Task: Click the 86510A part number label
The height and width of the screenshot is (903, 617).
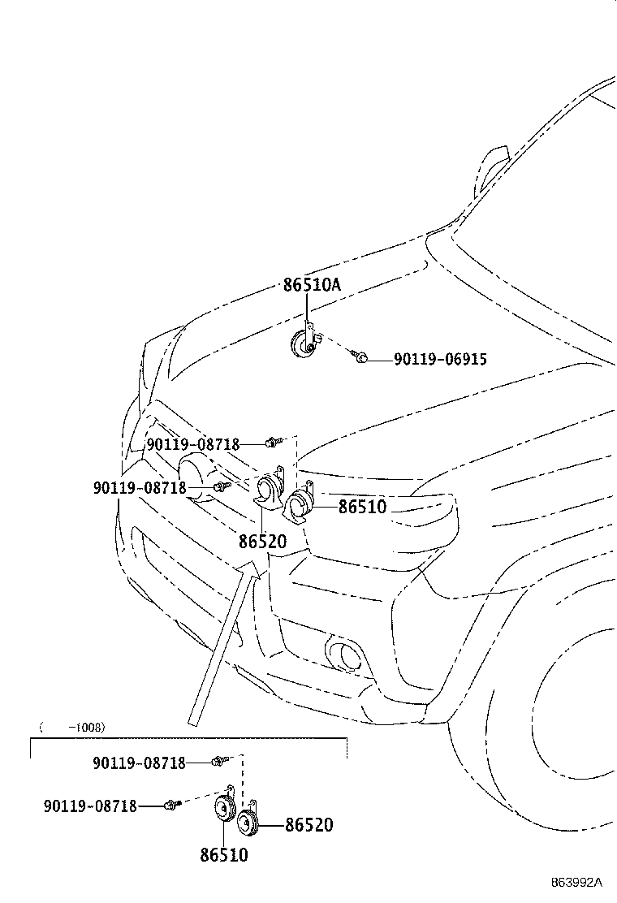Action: pos(312,284)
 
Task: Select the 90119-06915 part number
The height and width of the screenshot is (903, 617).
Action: pos(440,360)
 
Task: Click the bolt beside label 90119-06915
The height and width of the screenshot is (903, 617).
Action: pos(359,357)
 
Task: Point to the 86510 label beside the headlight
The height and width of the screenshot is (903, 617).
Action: pos(363,507)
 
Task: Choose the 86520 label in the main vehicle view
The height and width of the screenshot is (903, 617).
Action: pos(262,542)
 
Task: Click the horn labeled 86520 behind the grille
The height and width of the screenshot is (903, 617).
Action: pos(269,488)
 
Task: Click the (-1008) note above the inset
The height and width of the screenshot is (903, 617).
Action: pos(72,728)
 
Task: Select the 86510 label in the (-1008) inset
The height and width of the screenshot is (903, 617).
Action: pos(224,854)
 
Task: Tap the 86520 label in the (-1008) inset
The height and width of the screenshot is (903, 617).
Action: pos(309,825)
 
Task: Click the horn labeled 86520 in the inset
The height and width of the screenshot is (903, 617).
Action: pos(248,821)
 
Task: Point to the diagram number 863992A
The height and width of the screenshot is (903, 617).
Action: pos(576,882)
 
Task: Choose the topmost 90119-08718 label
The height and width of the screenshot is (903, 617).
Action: pos(193,444)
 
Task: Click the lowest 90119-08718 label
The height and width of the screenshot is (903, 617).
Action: pos(90,806)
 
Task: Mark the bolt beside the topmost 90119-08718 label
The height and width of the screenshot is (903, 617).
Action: pos(272,443)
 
